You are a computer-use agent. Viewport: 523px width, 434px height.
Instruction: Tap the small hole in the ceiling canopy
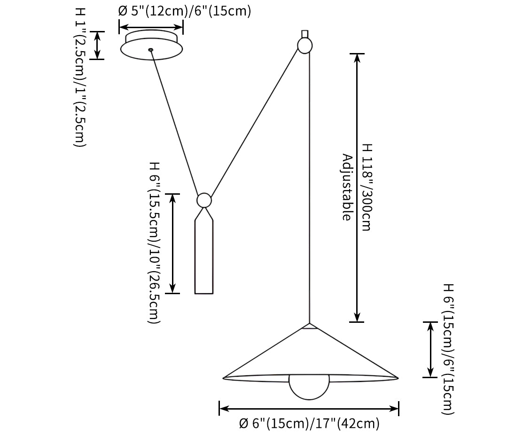tap(150, 50)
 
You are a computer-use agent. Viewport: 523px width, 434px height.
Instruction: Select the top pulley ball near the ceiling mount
tap(304, 46)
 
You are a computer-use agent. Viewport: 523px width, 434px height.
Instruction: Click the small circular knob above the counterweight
tap(204, 200)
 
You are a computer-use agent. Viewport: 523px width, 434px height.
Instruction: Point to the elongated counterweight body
tap(204, 258)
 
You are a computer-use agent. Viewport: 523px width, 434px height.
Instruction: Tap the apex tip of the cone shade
tap(309, 324)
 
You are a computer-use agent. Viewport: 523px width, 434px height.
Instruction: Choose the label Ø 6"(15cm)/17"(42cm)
tap(309, 424)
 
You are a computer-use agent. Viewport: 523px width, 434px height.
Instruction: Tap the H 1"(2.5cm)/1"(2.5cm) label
tap(80, 77)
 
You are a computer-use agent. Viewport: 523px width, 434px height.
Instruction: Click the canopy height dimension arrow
tap(97, 46)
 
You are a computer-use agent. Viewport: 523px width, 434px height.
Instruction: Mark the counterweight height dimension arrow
tap(172, 243)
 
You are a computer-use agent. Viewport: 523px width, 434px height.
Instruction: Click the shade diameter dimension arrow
tap(309, 409)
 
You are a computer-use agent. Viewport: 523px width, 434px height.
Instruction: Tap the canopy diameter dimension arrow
tap(151, 27)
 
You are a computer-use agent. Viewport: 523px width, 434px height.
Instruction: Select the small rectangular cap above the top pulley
tap(304, 34)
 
